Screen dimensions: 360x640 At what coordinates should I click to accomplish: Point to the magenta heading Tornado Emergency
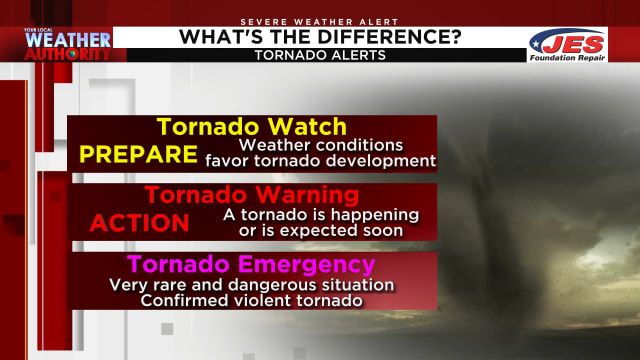click(x=251, y=265)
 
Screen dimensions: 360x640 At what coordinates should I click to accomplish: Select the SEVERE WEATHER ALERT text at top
click(x=319, y=21)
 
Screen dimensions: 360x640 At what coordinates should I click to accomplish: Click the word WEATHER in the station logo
click(x=67, y=41)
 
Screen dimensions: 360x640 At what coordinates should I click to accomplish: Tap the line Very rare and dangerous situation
click(x=251, y=285)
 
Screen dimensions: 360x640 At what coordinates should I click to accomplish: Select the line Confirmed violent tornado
click(x=250, y=300)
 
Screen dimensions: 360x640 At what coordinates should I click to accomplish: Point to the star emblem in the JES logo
click(x=538, y=41)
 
